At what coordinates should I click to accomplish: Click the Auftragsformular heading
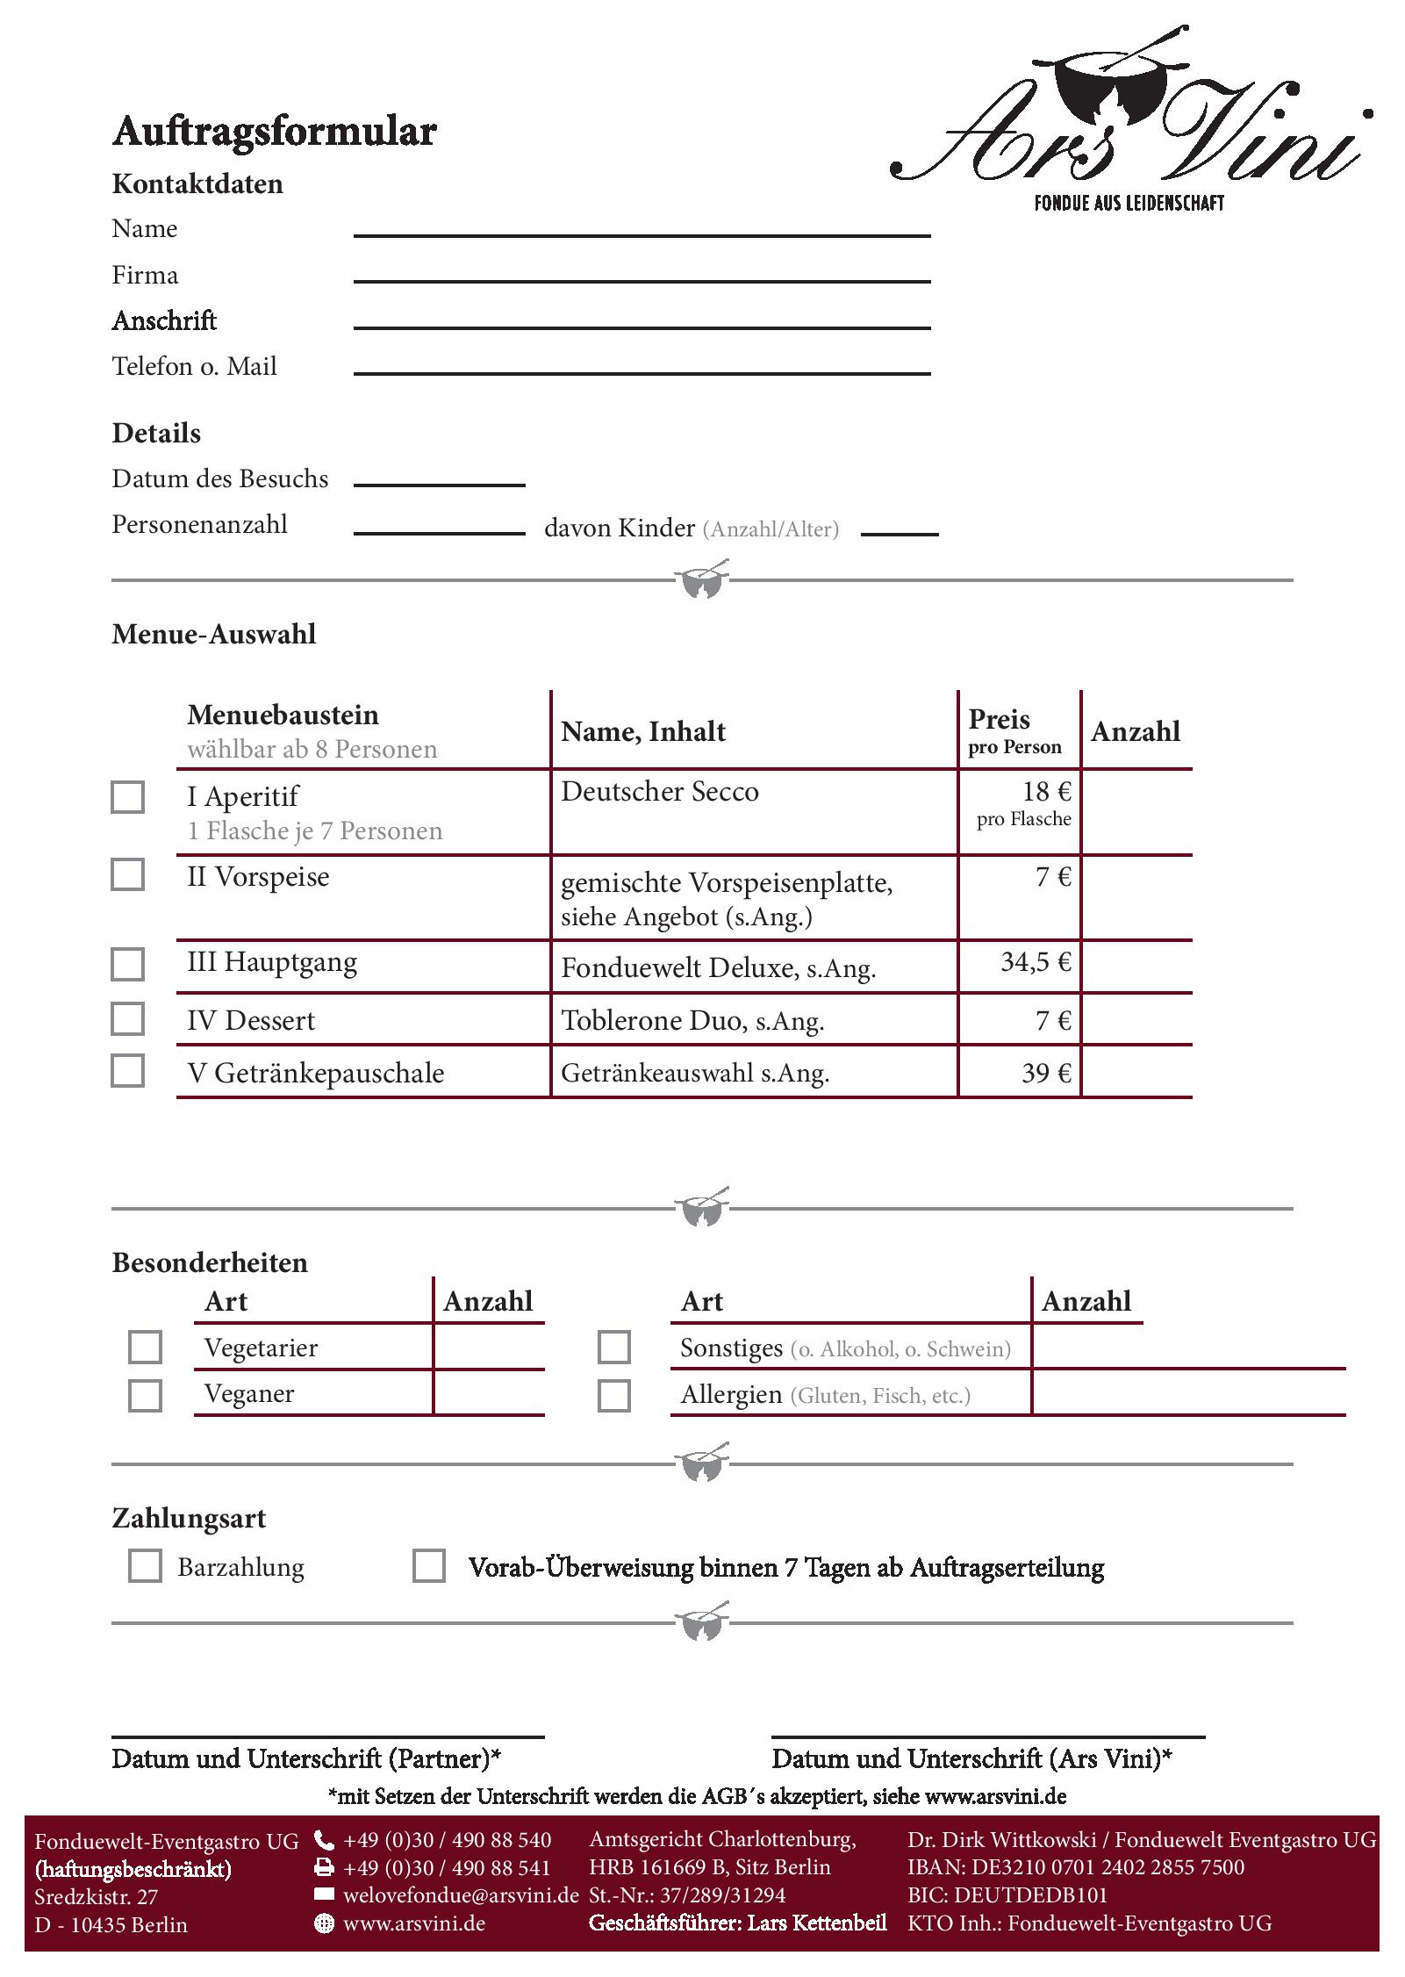(x=274, y=132)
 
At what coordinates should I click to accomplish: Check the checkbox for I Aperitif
(x=127, y=797)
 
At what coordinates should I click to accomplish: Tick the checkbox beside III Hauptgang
(x=127, y=964)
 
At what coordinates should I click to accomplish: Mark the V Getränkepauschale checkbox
(x=127, y=1071)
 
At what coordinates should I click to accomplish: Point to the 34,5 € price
(x=1036, y=963)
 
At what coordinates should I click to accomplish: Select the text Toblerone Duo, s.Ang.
(x=692, y=1021)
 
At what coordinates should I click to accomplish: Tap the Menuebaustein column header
(x=283, y=715)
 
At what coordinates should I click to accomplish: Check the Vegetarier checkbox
(x=145, y=1348)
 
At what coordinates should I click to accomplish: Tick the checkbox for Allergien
(x=613, y=1395)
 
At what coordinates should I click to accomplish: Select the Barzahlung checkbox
(x=145, y=1565)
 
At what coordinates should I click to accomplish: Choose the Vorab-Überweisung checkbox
(x=428, y=1565)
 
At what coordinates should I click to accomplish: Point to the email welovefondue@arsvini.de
(x=461, y=1895)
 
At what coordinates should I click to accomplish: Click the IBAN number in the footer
(x=1076, y=1867)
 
